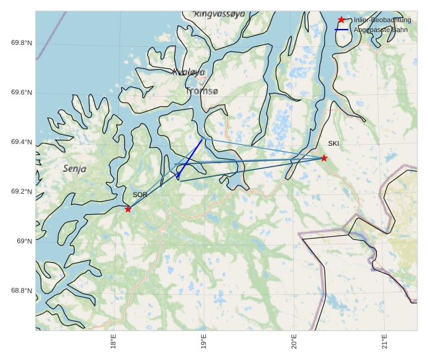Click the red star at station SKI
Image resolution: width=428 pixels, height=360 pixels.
(324, 158)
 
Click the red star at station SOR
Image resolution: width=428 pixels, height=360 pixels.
(128, 209)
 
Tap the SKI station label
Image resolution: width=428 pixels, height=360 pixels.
(333, 143)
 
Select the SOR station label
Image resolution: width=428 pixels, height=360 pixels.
(140, 194)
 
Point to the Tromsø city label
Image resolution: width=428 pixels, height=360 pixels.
(201, 91)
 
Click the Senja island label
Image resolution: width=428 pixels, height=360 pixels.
(75, 169)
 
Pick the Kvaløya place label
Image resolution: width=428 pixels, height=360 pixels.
(188, 72)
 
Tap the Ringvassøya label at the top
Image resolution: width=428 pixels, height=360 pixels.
(219, 14)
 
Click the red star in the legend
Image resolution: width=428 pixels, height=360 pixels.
(342, 20)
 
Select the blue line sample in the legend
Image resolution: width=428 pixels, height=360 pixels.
(342, 30)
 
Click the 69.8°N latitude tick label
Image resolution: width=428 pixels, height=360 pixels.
(22, 43)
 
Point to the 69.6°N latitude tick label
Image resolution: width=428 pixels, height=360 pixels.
(22, 93)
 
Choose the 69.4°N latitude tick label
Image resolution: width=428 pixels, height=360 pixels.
(22, 142)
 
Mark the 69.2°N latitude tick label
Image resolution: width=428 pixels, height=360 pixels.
(22, 192)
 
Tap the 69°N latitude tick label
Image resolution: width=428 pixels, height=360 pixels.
(24, 241)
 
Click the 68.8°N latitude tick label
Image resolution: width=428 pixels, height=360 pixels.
(22, 291)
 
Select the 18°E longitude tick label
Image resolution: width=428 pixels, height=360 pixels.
(113, 341)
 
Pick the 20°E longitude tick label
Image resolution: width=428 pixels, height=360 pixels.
(294, 341)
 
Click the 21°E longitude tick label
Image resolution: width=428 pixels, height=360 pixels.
(384, 341)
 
